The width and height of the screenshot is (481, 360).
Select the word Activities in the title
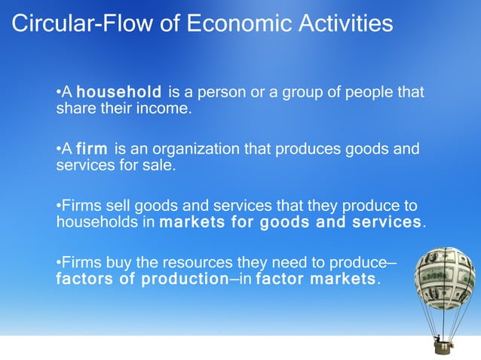(x=344, y=23)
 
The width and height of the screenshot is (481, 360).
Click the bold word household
(x=119, y=93)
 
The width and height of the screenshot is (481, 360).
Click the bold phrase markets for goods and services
(x=290, y=222)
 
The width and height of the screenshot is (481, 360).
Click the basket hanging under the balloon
(x=443, y=347)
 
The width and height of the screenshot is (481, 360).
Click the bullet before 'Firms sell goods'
(x=59, y=206)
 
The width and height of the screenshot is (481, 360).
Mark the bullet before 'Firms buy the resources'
(x=59, y=263)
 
